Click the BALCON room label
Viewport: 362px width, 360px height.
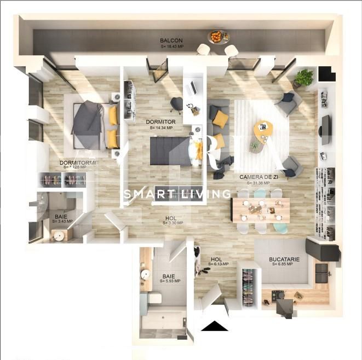[171, 41]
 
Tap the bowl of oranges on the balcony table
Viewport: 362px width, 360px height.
[217, 37]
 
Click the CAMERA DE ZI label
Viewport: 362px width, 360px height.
[255, 177]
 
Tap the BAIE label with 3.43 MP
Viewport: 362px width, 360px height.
[61, 217]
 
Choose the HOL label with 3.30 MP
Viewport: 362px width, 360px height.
[171, 219]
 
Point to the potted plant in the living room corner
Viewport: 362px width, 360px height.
[304, 77]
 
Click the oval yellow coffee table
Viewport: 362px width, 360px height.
[263, 130]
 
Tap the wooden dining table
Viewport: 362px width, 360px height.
[260, 210]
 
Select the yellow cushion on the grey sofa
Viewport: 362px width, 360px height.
[220, 119]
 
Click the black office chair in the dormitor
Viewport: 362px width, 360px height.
[176, 103]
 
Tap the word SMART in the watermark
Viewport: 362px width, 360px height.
[143, 194]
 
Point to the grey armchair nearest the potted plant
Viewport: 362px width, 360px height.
[287, 101]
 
